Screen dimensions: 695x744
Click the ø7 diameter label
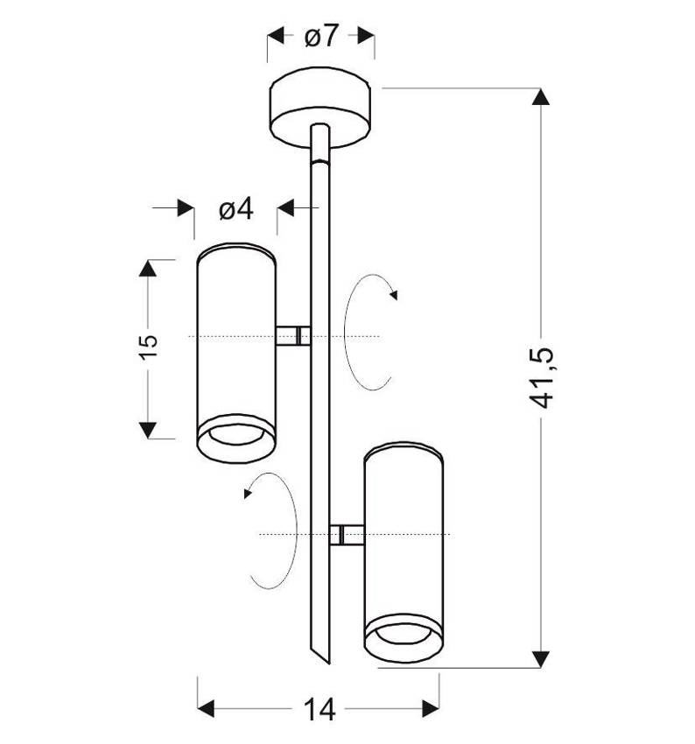click(321, 36)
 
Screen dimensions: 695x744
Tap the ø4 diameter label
click(236, 209)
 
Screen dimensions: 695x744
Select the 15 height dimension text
click(149, 347)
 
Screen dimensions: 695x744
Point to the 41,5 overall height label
click(540, 378)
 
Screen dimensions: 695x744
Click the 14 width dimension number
click(319, 709)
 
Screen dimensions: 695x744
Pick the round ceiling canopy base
click(320, 108)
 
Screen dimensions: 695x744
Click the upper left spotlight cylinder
click(236, 353)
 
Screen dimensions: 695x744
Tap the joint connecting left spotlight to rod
click(293, 336)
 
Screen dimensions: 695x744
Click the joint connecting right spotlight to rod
click(347, 535)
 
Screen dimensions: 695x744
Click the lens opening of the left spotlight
click(236, 434)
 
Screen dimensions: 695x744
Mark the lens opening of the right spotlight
click(404, 634)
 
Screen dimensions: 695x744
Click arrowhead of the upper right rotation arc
click(393, 295)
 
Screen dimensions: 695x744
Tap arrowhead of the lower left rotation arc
click(247, 494)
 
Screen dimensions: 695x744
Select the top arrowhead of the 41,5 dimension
click(541, 97)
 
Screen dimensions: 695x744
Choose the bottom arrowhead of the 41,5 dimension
click(541, 659)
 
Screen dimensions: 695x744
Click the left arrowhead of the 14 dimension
click(206, 708)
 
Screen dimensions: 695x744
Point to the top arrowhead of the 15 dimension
click(148, 269)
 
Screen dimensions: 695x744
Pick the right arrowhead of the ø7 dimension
click(366, 36)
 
